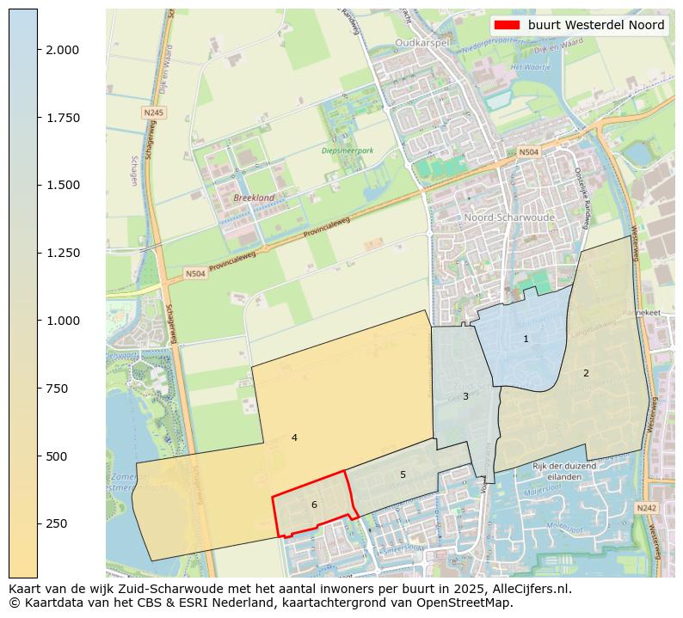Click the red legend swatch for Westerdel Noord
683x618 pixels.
(507, 25)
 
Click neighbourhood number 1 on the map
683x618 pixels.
(526, 340)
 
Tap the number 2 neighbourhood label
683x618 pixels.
(586, 373)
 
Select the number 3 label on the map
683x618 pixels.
(465, 396)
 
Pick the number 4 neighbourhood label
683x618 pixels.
(294, 437)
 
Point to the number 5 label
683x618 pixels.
(403, 474)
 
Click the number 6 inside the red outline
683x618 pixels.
(314, 505)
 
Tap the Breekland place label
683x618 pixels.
(254, 198)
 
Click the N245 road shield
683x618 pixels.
(153, 113)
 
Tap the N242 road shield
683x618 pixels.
(647, 509)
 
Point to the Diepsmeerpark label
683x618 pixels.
(348, 150)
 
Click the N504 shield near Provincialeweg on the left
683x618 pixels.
(195, 274)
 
